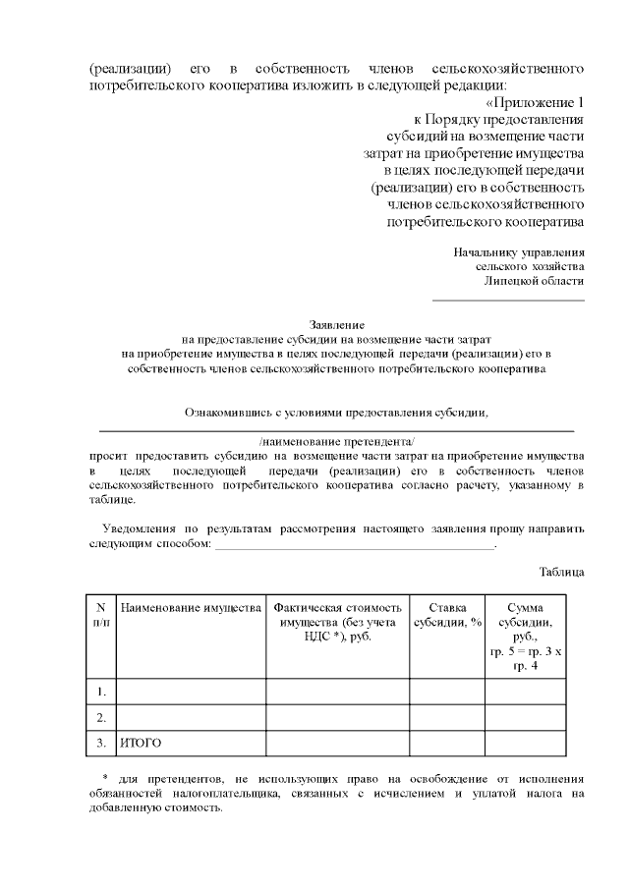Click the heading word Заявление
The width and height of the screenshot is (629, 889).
pyautogui.click(x=337, y=324)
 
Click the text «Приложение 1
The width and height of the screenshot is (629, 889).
pyautogui.click(x=536, y=103)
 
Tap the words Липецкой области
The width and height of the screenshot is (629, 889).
pyautogui.click(x=534, y=281)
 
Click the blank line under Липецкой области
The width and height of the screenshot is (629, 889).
pyautogui.click(x=508, y=299)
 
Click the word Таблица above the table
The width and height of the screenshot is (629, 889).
pyautogui.click(x=562, y=571)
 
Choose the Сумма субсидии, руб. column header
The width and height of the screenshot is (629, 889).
pyautogui.click(x=525, y=637)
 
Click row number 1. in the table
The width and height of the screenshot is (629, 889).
pyautogui.click(x=100, y=692)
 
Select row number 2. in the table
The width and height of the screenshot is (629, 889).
pyautogui.click(x=100, y=717)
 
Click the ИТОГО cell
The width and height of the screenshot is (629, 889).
pyautogui.click(x=141, y=743)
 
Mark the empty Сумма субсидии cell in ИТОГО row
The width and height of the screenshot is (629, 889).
pyautogui.click(x=525, y=743)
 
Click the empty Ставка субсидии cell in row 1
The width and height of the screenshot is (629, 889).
pyautogui.click(x=446, y=692)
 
